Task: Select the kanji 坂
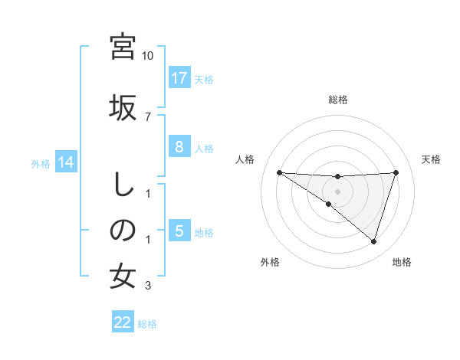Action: [x=123, y=106]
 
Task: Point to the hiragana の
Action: [x=123, y=229]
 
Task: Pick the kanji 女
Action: [x=123, y=276]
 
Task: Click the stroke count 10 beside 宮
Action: [x=148, y=56]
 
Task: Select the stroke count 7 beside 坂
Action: [x=148, y=116]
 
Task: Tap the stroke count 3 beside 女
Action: [x=148, y=286]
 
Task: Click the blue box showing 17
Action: [x=179, y=78]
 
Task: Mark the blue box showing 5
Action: [x=179, y=231]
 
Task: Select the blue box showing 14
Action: [x=66, y=162]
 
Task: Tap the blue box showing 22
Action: [x=123, y=322]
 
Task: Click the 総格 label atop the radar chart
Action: [x=337, y=100]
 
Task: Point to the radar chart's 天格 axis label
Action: [x=431, y=159]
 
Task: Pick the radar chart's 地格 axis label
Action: [x=402, y=262]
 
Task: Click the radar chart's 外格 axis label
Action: [x=270, y=262]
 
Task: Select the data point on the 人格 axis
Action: [x=279, y=172]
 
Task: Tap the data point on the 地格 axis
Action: [x=373, y=241]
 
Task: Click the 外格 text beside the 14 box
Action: [x=40, y=163]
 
